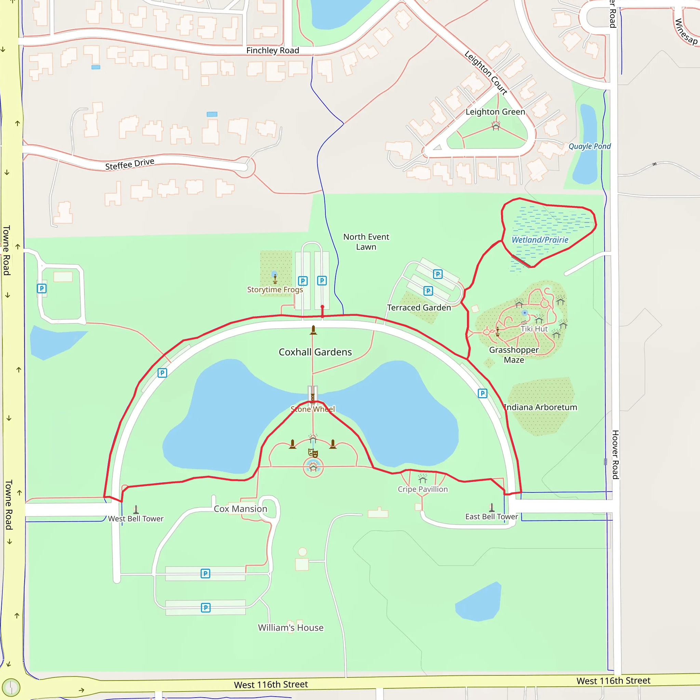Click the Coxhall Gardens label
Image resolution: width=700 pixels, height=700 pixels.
(x=315, y=352)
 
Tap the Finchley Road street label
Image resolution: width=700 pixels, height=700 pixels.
(x=272, y=50)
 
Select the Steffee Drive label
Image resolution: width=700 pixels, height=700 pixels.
(x=130, y=164)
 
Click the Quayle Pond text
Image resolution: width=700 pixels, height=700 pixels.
(x=589, y=146)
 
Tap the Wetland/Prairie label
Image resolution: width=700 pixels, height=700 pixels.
(x=539, y=240)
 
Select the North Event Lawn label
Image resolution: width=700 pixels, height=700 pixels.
(x=366, y=242)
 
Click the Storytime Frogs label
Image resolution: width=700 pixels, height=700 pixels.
(x=275, y=290)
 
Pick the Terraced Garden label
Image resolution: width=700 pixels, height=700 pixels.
(x=419, y=308)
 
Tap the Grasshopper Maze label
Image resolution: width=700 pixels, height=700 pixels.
(x=514, y=355)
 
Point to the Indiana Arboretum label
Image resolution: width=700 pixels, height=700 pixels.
(x=540, y=407)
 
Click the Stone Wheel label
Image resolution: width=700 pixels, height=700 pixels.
(x=313, y=409)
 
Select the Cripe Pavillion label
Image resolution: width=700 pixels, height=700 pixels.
(x=422, y=489)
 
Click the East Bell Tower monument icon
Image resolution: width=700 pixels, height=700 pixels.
(x=492, y=507)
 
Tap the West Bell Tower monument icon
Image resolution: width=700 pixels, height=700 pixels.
(x=136, y=509)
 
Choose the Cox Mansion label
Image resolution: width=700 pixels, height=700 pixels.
(x=240, y=509)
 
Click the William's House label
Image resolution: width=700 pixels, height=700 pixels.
(x=291, y=628)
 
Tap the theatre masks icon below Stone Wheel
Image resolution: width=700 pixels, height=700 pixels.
(x=313, y=453)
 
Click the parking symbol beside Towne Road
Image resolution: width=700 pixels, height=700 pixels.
(x=42, y=288)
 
